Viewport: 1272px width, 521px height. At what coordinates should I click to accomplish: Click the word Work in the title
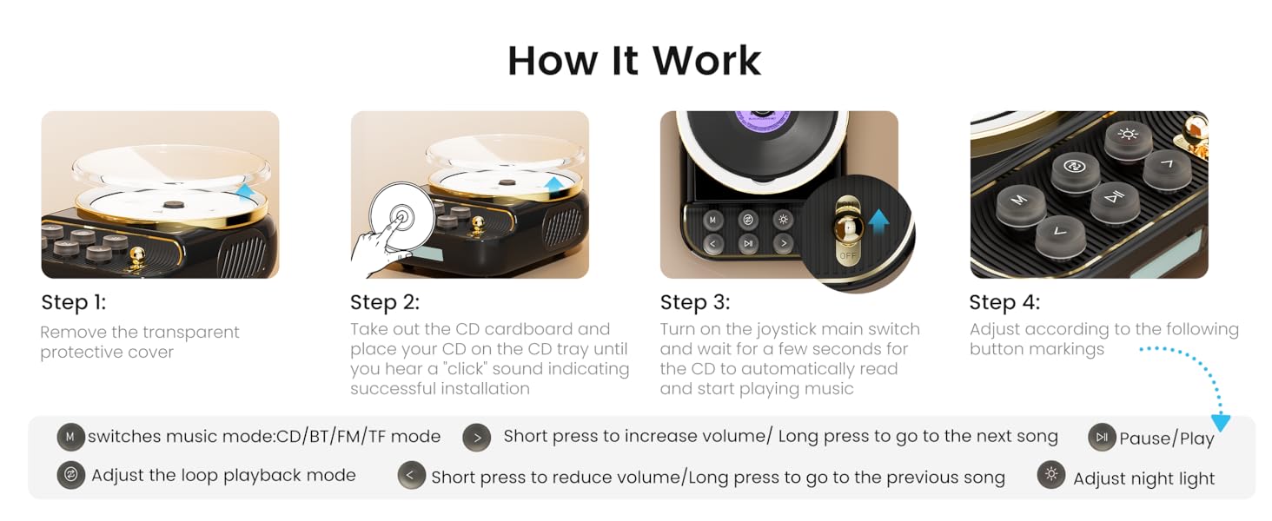(706, 61)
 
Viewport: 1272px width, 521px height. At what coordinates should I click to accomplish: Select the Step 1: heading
(73, 302)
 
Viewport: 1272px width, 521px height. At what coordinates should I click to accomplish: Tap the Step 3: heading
(694, 302)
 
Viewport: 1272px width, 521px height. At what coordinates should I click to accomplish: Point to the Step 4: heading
(1004, 302)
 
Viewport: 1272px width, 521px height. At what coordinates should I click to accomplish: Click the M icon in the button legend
(70, 436)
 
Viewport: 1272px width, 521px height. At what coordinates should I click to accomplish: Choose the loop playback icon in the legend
(70, 475)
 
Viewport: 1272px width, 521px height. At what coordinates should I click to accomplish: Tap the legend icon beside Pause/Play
(1101, 437)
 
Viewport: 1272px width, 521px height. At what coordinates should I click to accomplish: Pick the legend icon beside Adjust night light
(1051, 475)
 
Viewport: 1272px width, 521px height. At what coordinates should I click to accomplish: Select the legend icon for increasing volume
(476, 436)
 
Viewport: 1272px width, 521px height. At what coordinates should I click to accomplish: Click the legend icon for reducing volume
(411, 476)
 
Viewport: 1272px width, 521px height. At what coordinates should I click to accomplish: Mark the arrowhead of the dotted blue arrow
(1221, 423)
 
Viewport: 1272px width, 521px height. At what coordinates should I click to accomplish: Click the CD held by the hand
(401, 217)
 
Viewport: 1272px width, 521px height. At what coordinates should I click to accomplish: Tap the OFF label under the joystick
(848, 256)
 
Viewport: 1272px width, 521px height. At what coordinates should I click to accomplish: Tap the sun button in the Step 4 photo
(1128, 135)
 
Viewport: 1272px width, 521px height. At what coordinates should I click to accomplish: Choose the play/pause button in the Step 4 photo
(1114, 198)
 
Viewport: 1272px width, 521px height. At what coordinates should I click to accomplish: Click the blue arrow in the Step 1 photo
(245, 192)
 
